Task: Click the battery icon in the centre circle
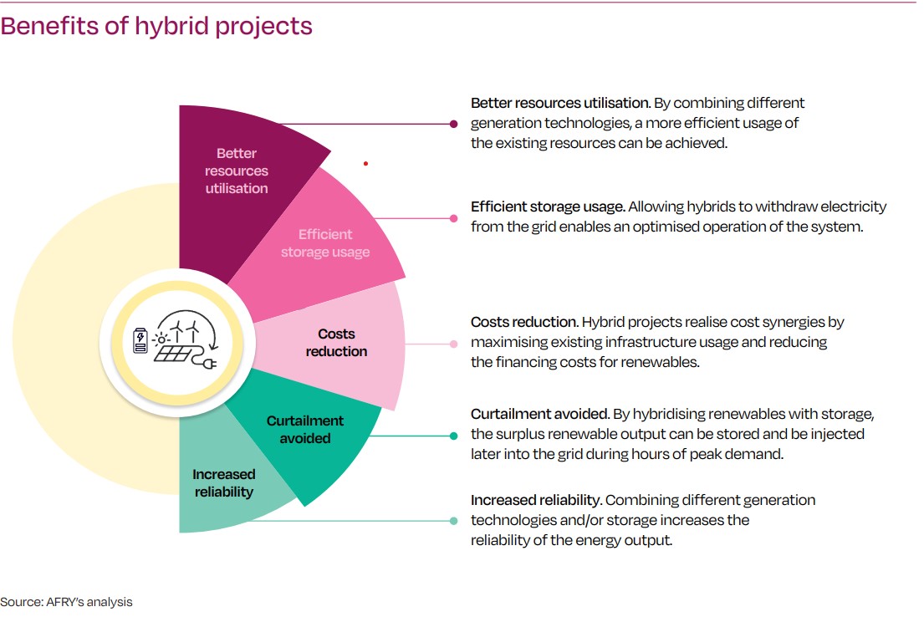140,339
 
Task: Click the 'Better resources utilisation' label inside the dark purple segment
237,171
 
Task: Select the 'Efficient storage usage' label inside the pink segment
325,243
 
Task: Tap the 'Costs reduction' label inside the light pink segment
336,343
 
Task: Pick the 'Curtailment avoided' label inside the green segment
305,429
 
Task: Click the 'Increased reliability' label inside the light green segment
223,483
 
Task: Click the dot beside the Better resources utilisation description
453,124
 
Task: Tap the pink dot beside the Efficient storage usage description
453,218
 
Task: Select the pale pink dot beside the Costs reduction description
453,343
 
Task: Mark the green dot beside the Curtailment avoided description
453,436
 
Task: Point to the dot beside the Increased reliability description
453,521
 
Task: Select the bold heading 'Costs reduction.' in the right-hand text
524,322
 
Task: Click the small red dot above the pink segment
365,164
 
